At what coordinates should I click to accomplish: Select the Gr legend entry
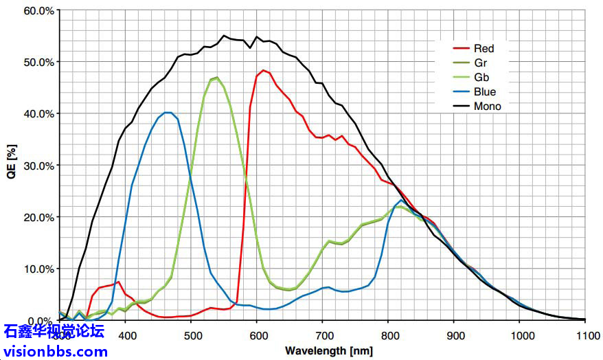pos(479,63)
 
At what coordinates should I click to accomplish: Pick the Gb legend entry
pos(480,77)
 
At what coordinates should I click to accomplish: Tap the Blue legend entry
pos(484,91)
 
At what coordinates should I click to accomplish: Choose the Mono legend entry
pos(487,106)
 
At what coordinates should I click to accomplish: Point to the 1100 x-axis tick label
pos(585,335)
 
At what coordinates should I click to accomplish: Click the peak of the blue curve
pos(167,112)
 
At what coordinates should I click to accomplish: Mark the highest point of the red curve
pos(263,70)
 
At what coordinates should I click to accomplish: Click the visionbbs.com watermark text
pos(54,352)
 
